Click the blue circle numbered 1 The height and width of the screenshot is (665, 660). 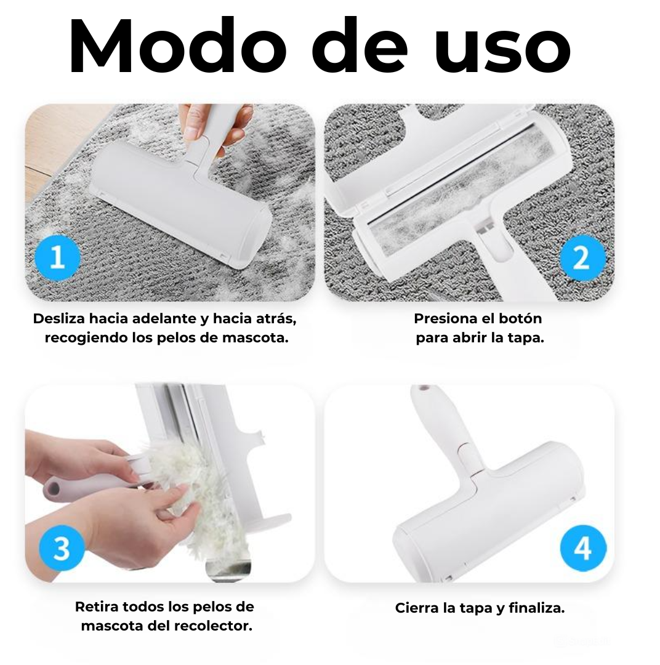coord(57,257)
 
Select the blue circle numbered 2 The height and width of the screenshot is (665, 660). coord(582,257)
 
